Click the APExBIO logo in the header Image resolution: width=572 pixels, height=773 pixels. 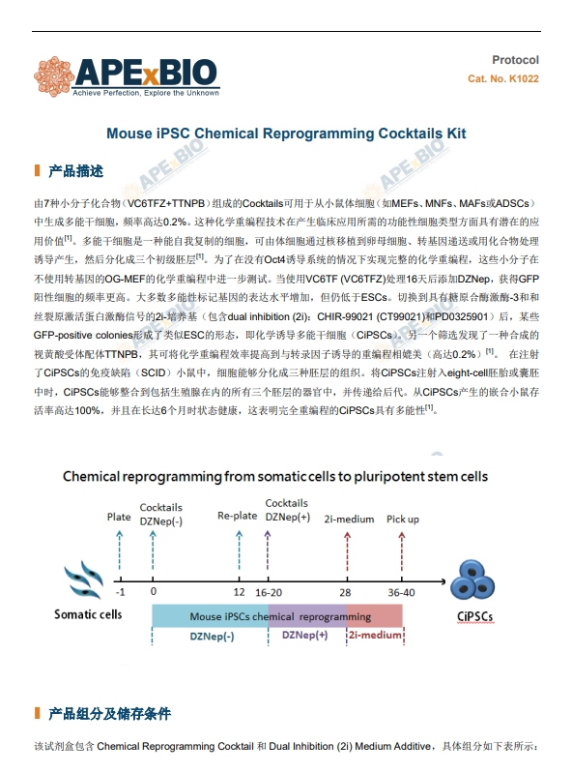point(127,76)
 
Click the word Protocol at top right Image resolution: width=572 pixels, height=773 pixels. point(515,60)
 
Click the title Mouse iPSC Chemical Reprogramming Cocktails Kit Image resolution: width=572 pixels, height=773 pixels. point(286,134)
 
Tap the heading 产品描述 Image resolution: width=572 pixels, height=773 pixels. point(75,171)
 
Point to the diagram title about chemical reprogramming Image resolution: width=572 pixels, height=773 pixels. point(275,477)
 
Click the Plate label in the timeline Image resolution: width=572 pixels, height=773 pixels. point(119,517)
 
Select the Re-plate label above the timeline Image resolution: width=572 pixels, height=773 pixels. point(238,516)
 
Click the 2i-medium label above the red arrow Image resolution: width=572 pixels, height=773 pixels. point(349,520)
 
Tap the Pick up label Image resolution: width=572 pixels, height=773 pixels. point(402,520)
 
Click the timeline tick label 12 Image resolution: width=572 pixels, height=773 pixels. point(239,592)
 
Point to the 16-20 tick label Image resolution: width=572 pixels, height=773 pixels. point(269,592)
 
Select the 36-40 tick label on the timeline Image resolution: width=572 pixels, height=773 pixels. point(401,592)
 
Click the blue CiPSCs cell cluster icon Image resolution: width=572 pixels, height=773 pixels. point(472,580)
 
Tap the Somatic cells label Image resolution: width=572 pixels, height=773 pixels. point(88,614)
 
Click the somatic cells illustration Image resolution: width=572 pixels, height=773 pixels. point(84,580)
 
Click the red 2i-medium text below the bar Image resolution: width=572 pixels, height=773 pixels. point(375,635)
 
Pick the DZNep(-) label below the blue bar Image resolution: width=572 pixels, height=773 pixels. point(212,637)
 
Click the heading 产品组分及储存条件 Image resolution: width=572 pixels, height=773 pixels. point(109,713)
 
